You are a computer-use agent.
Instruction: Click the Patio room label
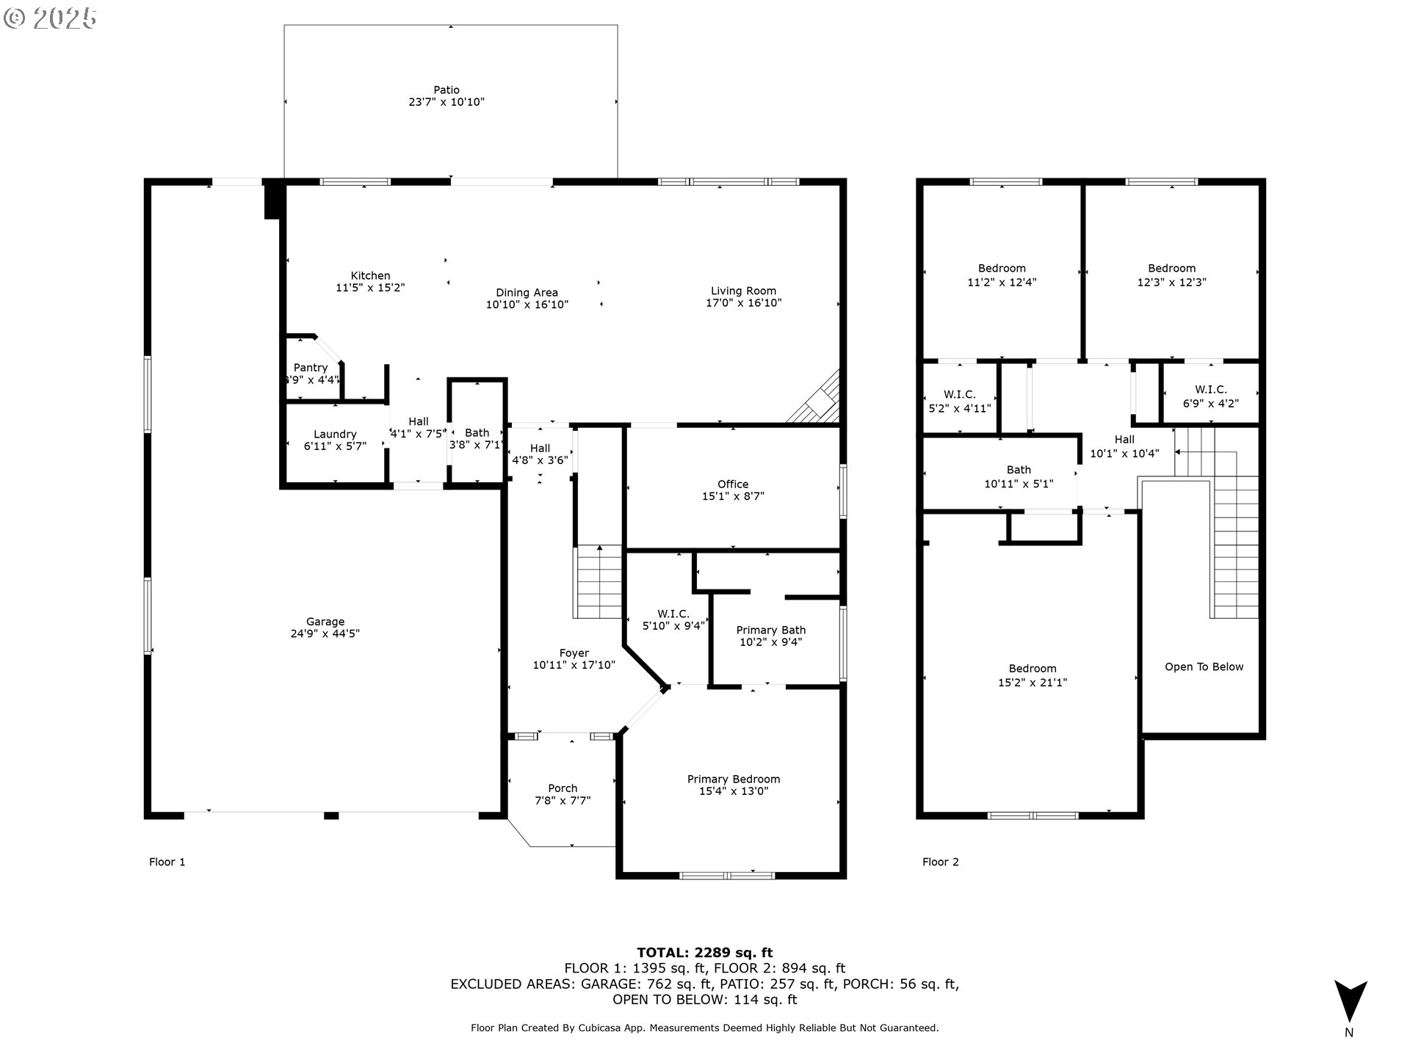[x=446, y=90]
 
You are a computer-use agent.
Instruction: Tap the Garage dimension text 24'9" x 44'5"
[x=325, y=633]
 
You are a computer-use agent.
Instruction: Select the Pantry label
[x=311, y=368]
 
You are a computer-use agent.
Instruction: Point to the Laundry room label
[x=335, y=435]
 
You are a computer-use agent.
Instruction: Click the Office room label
[x=733, y=484]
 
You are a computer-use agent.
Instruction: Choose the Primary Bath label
[x=771, y=630]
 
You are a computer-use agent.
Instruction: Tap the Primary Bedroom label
[x=734, y=779]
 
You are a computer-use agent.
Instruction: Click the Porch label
[x=563, y=788]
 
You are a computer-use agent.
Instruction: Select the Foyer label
[x=574, y=653]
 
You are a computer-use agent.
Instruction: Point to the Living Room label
[x=743, y=291]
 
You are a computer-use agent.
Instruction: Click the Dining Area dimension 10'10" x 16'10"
[x=527, y=305]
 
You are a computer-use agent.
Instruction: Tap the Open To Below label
[x=1204, y=667]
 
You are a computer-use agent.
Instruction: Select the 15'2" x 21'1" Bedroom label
[x=1033, y=675]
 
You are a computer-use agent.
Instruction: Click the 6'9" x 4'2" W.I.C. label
[x=1211, y=396]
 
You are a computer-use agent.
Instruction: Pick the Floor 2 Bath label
[x=1019, y=470]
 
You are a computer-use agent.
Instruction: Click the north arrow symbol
[x=1350, y=1001]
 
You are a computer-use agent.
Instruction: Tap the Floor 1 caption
[x=167, y=862]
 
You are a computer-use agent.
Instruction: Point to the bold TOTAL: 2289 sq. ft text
[x=705, y=953]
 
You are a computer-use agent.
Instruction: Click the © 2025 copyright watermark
[x=51, y=18]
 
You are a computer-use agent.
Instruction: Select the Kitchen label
[x=370, y=276]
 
